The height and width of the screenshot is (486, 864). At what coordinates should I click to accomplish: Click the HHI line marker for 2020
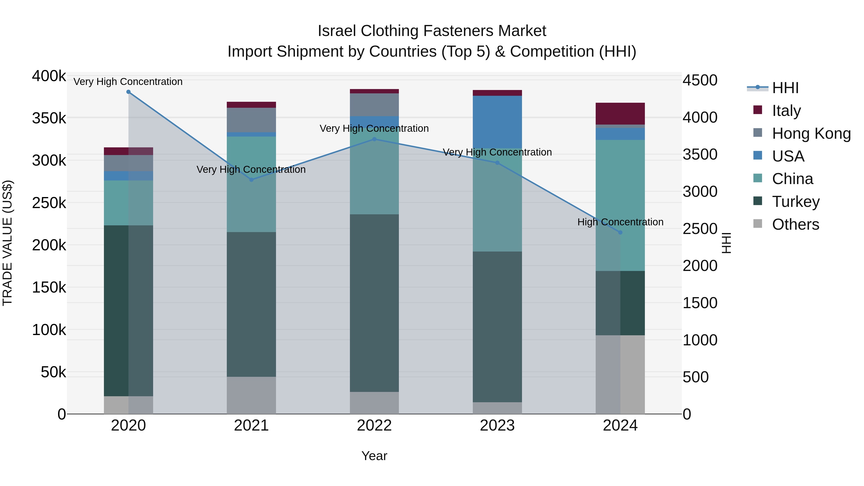[x=128, y=92]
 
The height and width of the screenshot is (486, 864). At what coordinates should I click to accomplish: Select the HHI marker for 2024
[x=620, y=232]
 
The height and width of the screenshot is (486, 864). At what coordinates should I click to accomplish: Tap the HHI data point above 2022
[x=374, y=139]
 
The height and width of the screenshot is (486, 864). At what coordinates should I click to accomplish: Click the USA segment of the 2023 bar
[x=498, y=122]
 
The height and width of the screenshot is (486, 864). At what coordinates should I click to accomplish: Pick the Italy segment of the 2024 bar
[x=620, y=114]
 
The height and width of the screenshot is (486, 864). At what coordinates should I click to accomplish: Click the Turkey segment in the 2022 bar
[x=374, y=303]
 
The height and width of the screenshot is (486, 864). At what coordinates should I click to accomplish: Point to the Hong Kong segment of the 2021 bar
[x=251, y=120]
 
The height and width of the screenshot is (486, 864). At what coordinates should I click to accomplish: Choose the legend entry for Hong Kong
[x=811, y=133]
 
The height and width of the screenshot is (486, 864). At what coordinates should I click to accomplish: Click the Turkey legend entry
[x=796, y=202]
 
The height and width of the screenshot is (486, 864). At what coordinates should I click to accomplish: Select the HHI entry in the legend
[x=785, y=88]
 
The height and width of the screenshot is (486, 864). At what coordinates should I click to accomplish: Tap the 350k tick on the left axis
[x=49, y=118]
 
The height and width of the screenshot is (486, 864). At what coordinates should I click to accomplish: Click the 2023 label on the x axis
[x=498, y=426]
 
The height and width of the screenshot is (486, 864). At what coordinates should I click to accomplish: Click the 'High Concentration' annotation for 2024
[x=620, y=222]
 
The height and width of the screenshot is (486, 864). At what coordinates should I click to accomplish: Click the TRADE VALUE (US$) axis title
[x=7, y=243]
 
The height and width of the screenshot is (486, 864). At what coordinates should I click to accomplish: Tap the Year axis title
[x=374, y=456]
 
